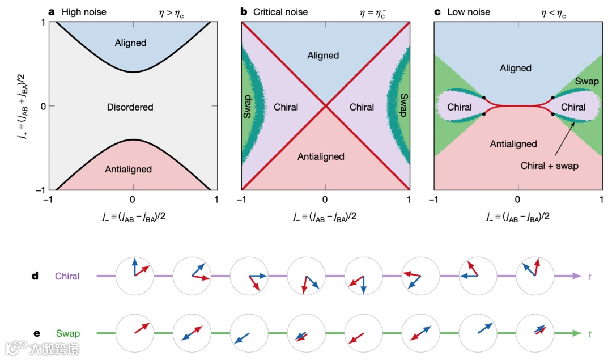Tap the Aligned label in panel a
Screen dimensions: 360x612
[131, 43]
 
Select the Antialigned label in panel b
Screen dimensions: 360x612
[321, 156]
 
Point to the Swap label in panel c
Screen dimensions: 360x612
[586, 82]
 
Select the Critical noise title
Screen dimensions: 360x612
[281, 11]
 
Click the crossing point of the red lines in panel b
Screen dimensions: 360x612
[325, 105]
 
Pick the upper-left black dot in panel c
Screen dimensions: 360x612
[483, 98]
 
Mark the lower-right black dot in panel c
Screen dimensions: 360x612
[552, 115]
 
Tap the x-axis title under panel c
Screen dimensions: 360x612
[517, 216]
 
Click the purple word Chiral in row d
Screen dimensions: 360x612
[67, 277]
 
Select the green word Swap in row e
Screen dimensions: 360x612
[68, 334]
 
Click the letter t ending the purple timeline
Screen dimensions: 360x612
[590, 277]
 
